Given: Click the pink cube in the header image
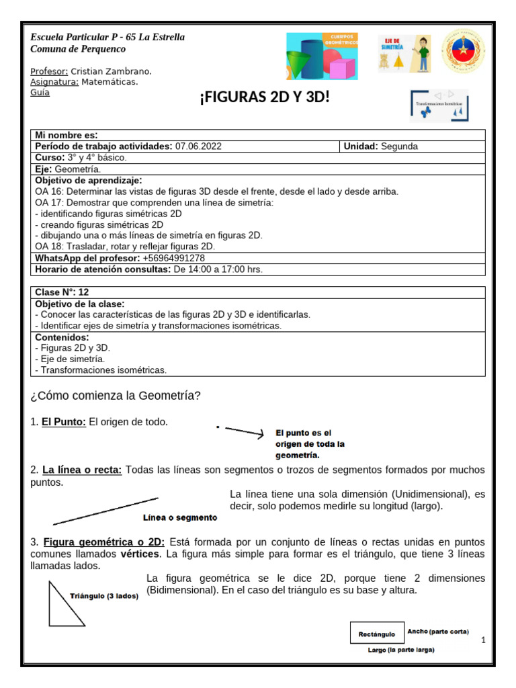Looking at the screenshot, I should (342, 69).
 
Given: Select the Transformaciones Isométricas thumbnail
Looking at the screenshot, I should (439, 105).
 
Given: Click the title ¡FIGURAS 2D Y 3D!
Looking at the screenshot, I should (264, 99).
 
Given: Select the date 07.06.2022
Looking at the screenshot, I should (198, 146).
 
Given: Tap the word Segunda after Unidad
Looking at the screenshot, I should (399, 146).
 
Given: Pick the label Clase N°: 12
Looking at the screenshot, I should (62, 292).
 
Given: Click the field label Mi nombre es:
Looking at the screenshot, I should (66, 135).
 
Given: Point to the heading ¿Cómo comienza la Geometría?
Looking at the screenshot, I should (116, 396).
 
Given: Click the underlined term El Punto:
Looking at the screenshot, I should (64, 422).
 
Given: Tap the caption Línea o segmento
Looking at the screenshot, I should (180, 517).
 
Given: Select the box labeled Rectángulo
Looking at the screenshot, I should (377, 633).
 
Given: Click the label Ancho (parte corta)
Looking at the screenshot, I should (438, 632).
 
